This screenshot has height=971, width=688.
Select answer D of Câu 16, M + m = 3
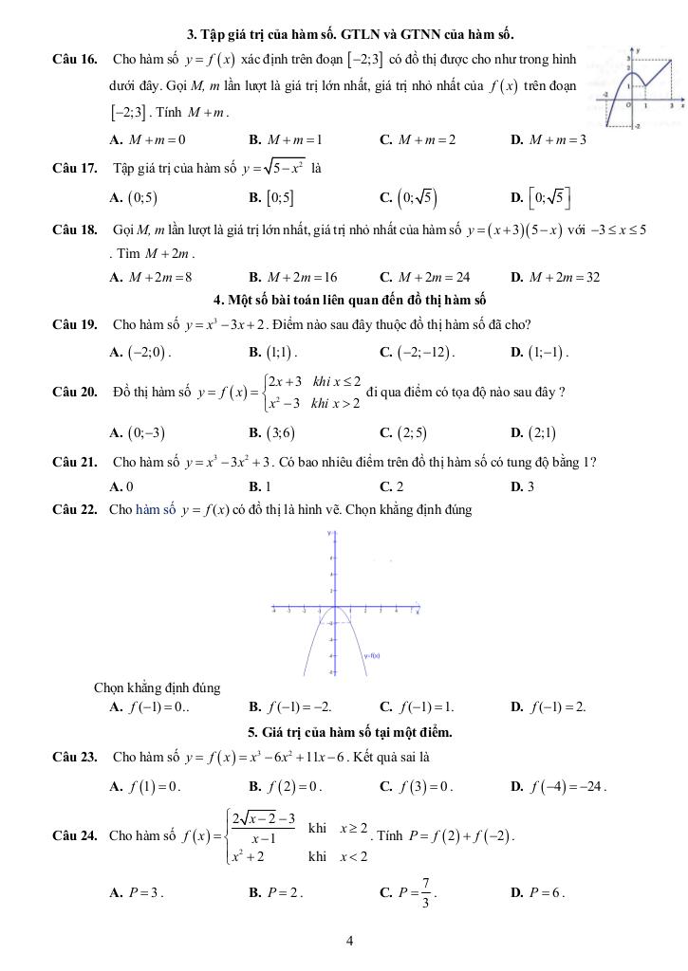tap(548, 139)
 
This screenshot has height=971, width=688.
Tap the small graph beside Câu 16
tap(634, 87)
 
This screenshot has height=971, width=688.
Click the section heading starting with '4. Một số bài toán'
tap(349, 301)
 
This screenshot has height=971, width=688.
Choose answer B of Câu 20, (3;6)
tap(270, 433)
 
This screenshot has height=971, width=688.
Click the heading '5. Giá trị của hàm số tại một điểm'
tap(349, 731)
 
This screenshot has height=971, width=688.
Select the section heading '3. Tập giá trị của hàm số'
tap(350, 35)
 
